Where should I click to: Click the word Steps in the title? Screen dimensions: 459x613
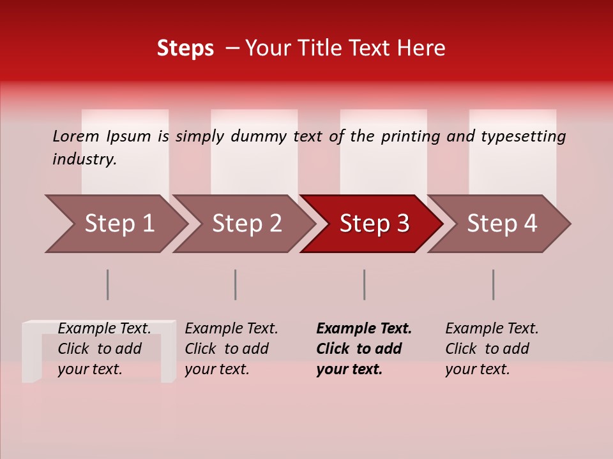tap(185, 48)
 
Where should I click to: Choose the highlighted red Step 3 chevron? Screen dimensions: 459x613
tap(374, 224)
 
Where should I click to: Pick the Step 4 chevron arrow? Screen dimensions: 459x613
tap(502, 224)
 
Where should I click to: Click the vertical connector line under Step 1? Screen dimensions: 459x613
tap(108, 284)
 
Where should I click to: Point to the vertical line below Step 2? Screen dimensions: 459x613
tap(236, 284)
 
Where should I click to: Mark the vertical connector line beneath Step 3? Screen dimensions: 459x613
tap(365, 284)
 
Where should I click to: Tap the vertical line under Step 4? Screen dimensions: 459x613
tap(494, 284)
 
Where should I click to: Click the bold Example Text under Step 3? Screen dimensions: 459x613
tap(364, 329)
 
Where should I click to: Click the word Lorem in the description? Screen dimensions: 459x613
tap(76, 136)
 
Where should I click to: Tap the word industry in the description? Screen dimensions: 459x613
tap(84, 159)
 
